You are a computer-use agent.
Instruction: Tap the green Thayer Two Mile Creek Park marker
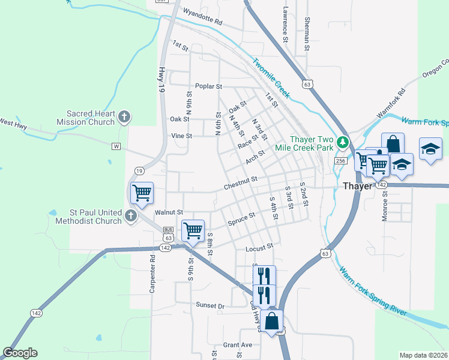point(342,143)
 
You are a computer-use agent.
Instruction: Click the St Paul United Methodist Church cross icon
point(131,216)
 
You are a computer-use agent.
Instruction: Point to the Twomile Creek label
point(271,78)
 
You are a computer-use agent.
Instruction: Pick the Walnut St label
point(168,212)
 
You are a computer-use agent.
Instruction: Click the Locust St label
point(259,247)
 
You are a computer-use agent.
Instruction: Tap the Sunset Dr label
point(210,305)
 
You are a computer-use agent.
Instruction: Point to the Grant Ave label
point(238,345)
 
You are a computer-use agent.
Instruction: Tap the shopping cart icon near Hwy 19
point(142,193)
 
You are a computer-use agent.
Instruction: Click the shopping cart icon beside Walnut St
point(193,229)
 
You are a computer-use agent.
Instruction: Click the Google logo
point(20,353)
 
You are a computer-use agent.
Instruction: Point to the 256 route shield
point(340,161)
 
